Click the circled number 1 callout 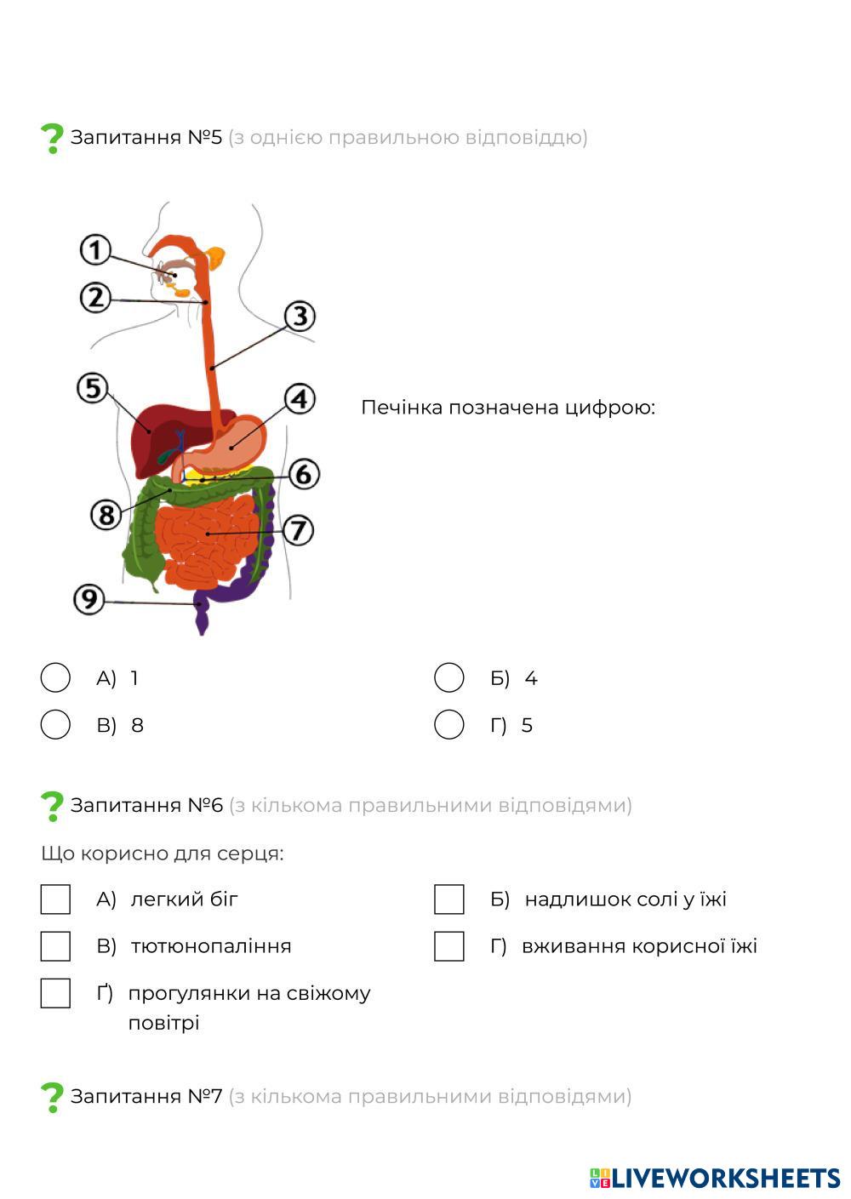95,250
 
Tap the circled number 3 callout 299,317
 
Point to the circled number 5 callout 93,389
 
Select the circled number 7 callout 297,530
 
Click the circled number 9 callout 89,599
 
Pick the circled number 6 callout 304,473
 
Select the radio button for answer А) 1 55,678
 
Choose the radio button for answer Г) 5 448,725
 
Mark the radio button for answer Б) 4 448,678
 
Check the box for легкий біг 55,899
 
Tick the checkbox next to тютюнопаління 55,946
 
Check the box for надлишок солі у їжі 448,899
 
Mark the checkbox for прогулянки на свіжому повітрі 55,993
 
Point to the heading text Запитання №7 146,1096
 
